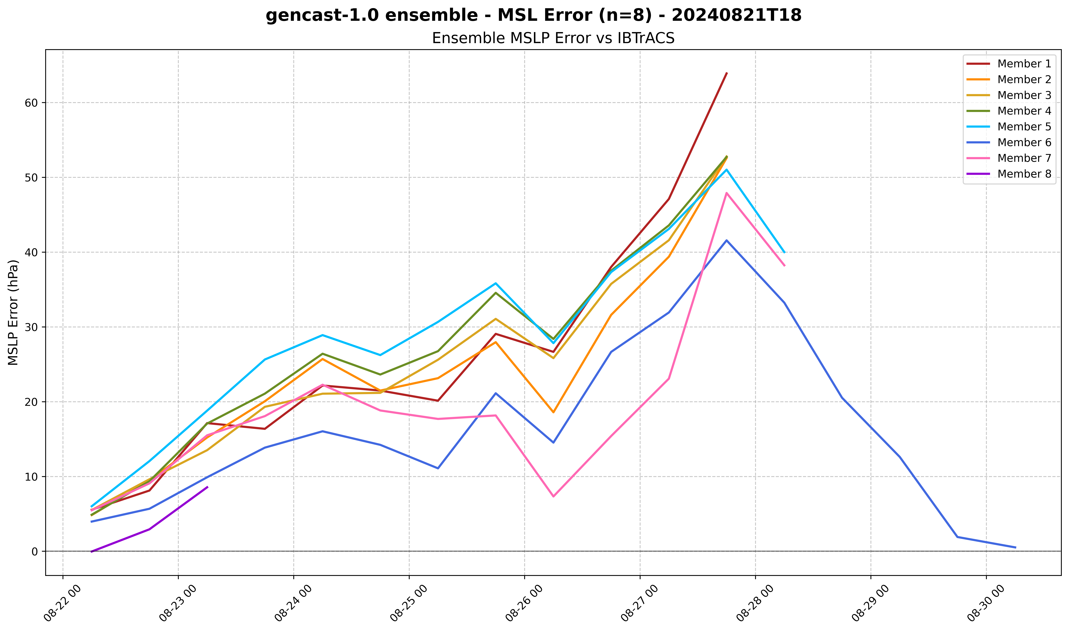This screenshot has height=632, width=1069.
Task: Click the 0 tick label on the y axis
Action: pos(35,552)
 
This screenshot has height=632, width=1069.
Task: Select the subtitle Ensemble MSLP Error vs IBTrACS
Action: pos(553,38)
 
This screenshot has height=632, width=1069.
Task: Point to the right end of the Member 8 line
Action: pos(207,487)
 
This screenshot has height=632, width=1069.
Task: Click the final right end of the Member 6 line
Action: pos(1015,548)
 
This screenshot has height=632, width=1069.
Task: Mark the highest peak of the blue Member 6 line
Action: pos(727,240)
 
